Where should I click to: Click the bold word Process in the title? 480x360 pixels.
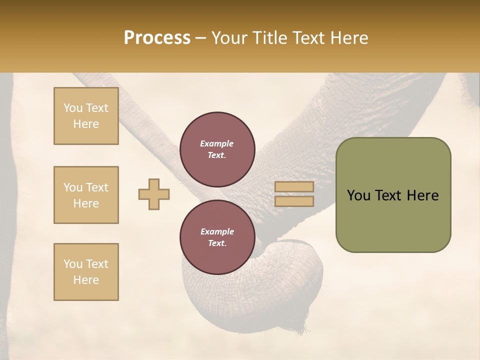pos(157,37)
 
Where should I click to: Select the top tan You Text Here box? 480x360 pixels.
pos(86,116)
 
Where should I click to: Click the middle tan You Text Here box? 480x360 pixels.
pos(86,195)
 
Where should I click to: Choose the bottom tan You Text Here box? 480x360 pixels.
pos(86,272)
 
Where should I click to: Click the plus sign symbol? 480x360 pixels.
pos(154,194)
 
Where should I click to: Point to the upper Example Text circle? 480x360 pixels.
pos(217,149)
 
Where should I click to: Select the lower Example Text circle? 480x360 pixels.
pos(217,237)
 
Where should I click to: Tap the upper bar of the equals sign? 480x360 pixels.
pos(294,187)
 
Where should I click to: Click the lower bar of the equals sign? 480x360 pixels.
pos(294,201)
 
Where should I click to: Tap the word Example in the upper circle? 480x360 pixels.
pos(217,143)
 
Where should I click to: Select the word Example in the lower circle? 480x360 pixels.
pos(217,231)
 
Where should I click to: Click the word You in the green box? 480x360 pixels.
pos(358,195)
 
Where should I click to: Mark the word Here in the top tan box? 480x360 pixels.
pos(86,124)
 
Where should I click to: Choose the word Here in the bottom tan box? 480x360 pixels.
pos(86,280)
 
